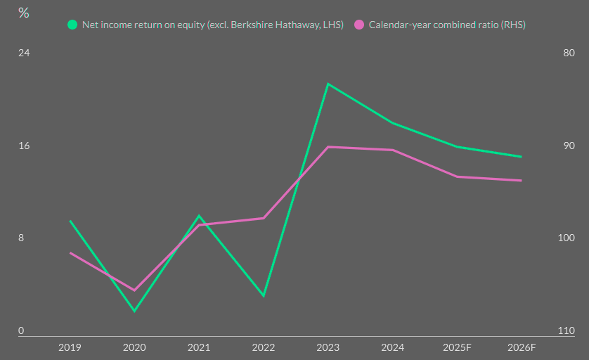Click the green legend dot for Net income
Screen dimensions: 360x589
(72, 25)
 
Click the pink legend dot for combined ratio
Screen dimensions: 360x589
(359, 25)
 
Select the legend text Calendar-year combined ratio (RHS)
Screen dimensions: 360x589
(447, 25)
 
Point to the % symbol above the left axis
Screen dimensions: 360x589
(24, 13)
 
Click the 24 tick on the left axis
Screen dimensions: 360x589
(23, 53)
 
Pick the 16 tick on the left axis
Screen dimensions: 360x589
(23, 146)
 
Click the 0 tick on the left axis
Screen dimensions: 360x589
(21, 330)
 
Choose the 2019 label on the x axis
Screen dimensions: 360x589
(70, 347)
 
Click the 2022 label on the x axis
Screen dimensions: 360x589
(264, 347)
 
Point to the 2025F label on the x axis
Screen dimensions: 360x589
(457, 347)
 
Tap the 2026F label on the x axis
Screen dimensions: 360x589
(522, 347)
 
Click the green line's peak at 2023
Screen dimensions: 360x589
(328, 84)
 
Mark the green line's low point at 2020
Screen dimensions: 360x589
(134, 311)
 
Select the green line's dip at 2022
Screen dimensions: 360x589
(264, 296)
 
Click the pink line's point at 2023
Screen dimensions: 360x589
(328, 147)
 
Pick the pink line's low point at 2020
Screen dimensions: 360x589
(134, 290)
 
